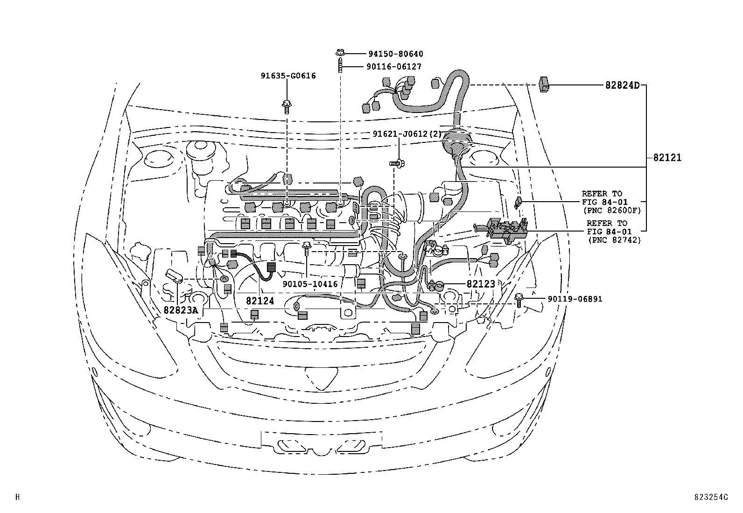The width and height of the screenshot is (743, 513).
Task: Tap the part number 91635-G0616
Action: pyautogui.click(x=288, y=76)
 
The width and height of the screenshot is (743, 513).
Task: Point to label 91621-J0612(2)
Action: pyautogui.click(x=407, y=134)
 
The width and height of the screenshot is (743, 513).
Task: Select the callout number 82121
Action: pyautogui.click(x=667, y=158)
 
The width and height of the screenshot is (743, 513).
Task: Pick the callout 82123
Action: pyautogui.click(x=481, y=284)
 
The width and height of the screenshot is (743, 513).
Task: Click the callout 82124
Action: pyautogui.click(x=260, y=302)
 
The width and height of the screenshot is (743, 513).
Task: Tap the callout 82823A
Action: pyautogui.click(x=181, y=309)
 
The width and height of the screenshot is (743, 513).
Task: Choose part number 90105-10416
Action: pyautogui.click(x=310, y=284)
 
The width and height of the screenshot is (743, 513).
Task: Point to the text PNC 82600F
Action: pyautogui.click(x=614, y=211)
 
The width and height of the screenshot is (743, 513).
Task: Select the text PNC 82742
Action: pyautogui.click(x=614, y=240)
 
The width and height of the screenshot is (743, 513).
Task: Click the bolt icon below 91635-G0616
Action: pyautogui.click(x=286, y=106)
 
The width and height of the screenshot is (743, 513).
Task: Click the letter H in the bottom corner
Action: pyautogui.click(x=17, y=498)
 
